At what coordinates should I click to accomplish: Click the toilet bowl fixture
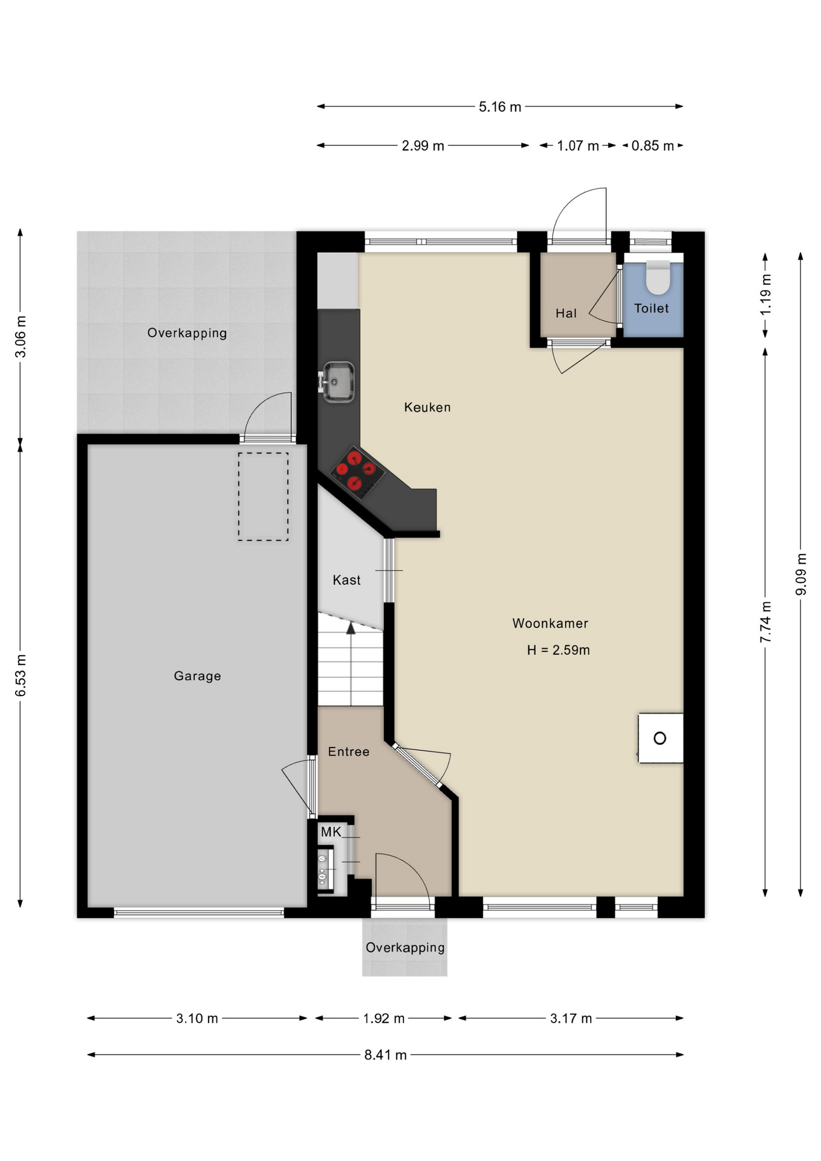coord(658,277)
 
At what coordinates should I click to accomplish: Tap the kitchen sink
coord(338,382)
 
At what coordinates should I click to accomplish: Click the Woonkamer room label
coord(550,623)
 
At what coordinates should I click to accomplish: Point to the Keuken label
coord(427,408)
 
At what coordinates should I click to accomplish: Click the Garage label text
coord(198,676)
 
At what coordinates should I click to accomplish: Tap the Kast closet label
coord(346,580)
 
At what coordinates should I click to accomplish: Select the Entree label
coord(349,752)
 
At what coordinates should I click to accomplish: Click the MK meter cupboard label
coord(331,832)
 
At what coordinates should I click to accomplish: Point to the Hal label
coord(566,313)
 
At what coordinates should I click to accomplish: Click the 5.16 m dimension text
coord(500,107)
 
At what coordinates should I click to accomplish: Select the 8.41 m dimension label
coord(386,1055)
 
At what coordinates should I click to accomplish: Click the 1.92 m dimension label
coord(384,1018)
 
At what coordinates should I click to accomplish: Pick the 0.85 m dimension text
coord(653,146)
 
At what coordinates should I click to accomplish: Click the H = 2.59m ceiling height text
coord(559,650)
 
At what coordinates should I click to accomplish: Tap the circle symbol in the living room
coord(660,738)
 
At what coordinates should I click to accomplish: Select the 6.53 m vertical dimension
coord(21,675)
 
